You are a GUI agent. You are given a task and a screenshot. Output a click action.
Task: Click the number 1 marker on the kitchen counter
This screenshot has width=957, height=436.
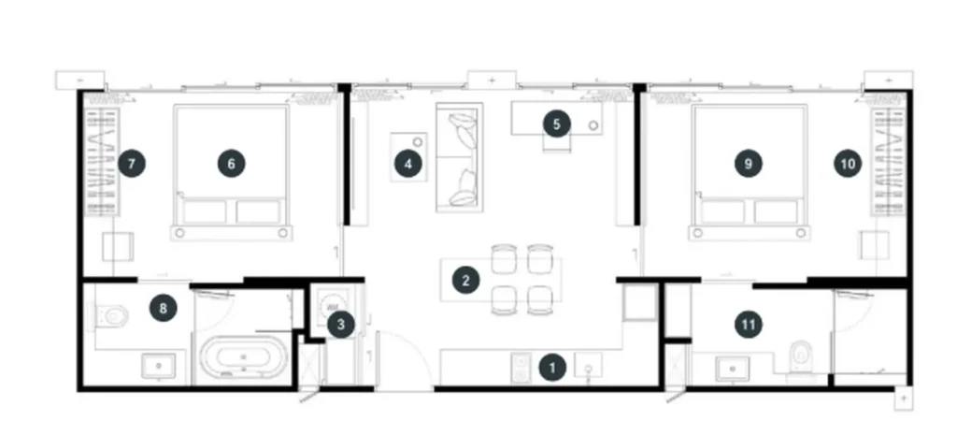[553, 368]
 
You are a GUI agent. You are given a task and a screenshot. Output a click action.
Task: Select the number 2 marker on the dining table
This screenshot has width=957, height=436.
[465, 281]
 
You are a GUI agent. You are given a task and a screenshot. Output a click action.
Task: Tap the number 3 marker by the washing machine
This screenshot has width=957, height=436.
[340, 325]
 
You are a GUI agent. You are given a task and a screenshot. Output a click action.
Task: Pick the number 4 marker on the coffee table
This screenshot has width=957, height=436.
[408, 164]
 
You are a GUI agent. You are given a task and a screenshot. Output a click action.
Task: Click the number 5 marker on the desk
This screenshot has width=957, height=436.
[557, 124]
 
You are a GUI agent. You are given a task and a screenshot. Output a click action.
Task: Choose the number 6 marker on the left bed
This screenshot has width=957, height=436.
[232, 164]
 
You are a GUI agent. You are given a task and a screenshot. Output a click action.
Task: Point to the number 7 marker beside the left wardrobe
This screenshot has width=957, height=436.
[132, 164]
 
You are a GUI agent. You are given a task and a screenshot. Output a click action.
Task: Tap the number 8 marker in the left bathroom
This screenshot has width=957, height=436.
[163, 309]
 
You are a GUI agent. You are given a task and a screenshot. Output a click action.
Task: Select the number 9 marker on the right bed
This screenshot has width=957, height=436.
[749, 164]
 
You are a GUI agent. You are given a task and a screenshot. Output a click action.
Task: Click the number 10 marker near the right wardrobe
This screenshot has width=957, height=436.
[848, 164]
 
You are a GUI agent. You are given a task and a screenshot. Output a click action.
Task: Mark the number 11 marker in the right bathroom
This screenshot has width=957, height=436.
[749, 325]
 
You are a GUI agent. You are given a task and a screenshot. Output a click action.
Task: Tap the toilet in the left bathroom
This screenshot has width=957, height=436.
[112, 315]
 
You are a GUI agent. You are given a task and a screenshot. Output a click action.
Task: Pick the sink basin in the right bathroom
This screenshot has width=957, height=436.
[733, 369]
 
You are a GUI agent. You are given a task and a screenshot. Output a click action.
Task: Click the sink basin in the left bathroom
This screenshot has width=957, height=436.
[159, 366]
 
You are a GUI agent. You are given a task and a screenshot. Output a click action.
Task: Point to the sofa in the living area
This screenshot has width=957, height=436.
[460, 157]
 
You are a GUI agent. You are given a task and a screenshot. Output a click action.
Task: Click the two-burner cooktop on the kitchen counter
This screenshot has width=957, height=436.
[521, 369]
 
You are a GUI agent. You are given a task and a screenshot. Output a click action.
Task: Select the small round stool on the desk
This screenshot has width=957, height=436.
[593, 125]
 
